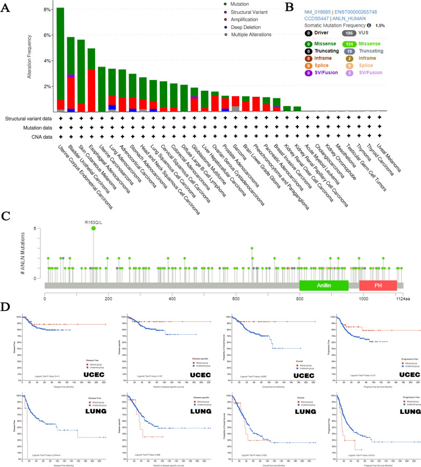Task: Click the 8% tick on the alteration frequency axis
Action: (x=47, y=10)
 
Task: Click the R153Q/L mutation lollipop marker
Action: (x=94, y=229)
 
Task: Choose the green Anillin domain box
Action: (x=324, y=286)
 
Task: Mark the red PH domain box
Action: (x=377, y=286)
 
